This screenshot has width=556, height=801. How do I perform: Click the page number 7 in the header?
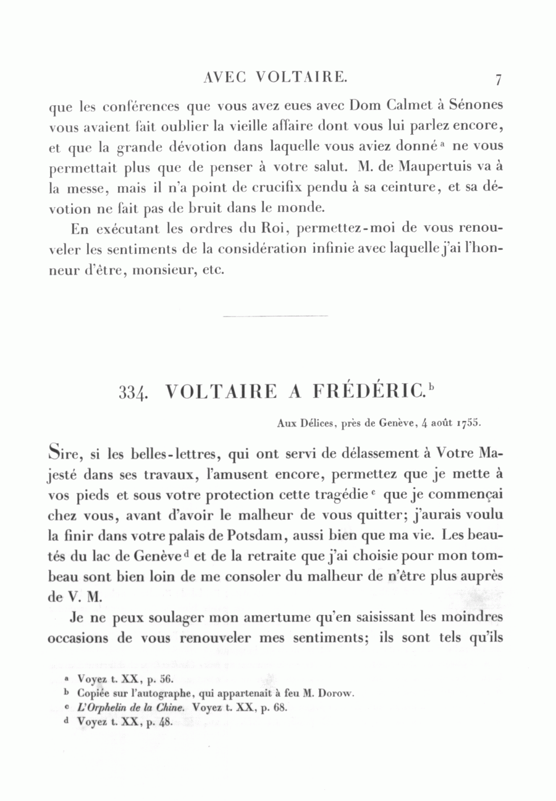coord(498,80)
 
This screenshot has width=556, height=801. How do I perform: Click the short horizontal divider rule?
coord(274,316)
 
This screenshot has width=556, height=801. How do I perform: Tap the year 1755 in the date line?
coord(468,424)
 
